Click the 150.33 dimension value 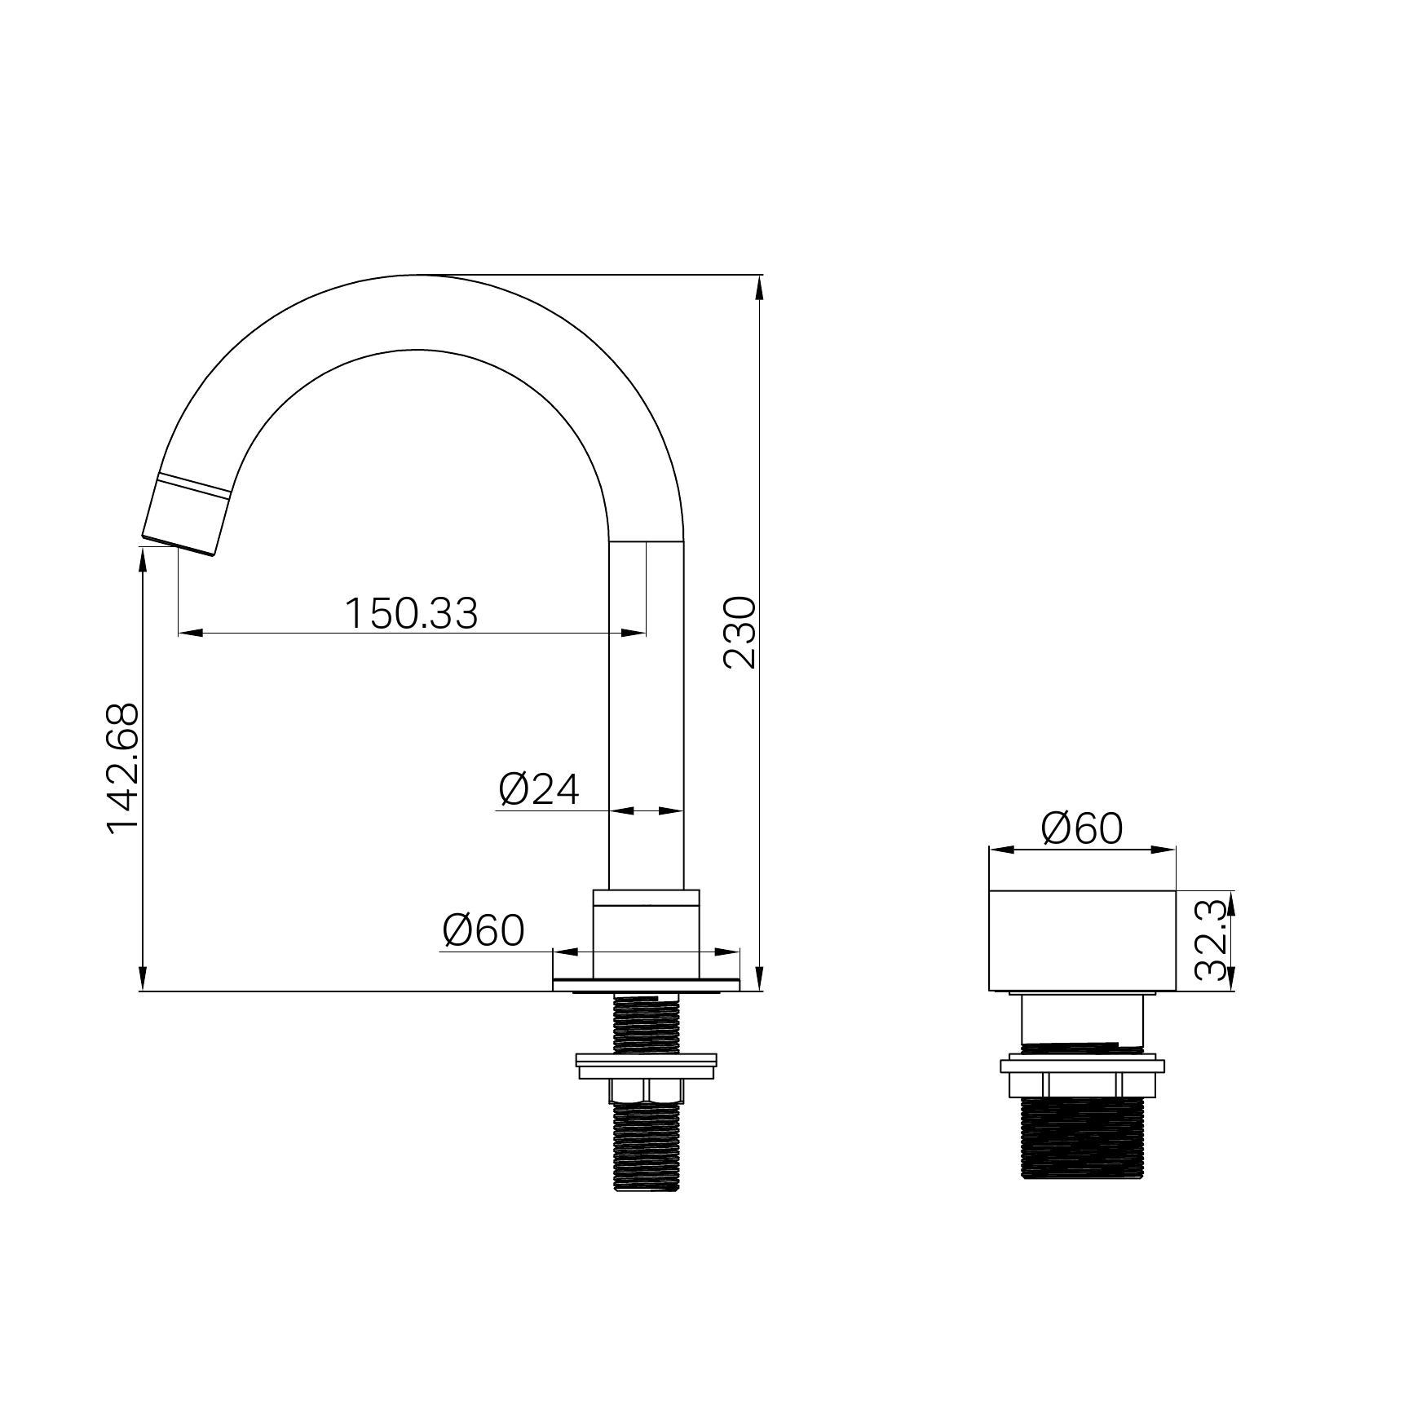(411, 613)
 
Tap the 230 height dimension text (740, 633)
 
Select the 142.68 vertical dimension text (123, 768)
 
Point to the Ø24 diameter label (539, 789)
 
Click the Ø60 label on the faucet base (484, 930)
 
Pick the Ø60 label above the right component (1082, 828)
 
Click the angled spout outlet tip (179, 546)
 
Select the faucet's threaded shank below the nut (646, 1146)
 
